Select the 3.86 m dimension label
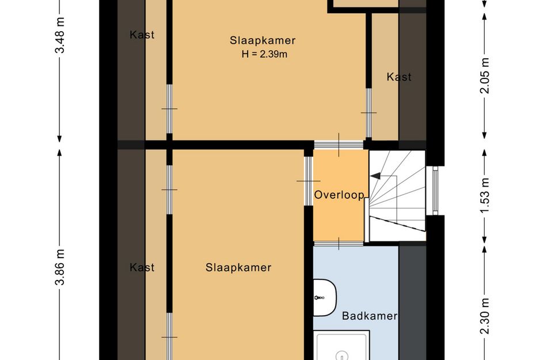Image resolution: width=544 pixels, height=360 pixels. pyautogui.click(x=59, y=268)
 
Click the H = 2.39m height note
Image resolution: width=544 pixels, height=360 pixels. pyautogui.click(x=263, y=55)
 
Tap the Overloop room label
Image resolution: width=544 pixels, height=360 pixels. pyautogui.click(x=339, y=195)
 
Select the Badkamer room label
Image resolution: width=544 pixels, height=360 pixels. pyautogui.click(x=370, y=316)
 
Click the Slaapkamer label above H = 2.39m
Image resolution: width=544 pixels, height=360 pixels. pyautogui.click(x=263, y=40)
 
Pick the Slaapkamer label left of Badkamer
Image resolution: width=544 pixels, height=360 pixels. pyautogui.click(x=238, y=267)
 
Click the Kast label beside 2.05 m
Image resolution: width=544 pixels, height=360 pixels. pyautogui.click(x=399, y=77)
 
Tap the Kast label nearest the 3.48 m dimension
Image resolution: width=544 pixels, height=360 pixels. pyautogui.click(x=142, y=35)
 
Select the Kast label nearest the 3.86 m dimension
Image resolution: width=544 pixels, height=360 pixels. pyautogui.click(x=142, y=267)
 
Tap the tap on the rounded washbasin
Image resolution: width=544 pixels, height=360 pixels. pyautogui.click(x=317, y=298)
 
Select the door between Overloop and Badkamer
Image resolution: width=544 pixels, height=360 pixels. pyautogui.click(x=338, y=242)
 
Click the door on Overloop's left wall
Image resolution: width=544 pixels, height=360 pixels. pyautogui.click(x=309, y=180)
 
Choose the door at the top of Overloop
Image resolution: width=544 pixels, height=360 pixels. pyautogui.click(x=338, y=143)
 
